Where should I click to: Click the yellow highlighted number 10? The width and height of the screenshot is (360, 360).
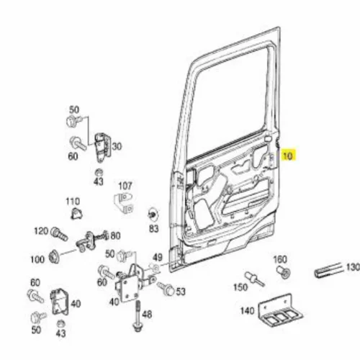[x=288, y=156]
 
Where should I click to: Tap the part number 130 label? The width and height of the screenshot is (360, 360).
[x=353, y=267]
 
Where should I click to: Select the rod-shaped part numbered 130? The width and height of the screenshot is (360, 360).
[x=328, y=271]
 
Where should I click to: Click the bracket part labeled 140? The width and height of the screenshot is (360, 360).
[x=280, y=310]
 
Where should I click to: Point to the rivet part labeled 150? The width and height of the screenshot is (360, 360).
[x=254, y=279]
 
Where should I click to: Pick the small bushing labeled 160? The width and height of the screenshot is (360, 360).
[x=284, y=272]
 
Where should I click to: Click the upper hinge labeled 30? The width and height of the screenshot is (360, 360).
[x=103, y=147]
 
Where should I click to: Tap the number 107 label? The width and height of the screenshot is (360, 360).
[x=125, y=186]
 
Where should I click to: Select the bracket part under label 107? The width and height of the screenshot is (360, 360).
[x=123, y=202]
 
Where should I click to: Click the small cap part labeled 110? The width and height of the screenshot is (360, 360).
[x=76, y=213]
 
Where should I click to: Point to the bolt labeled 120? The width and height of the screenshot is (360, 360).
[x=59, y=233]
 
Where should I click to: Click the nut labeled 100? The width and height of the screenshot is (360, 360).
[x=54, y=256]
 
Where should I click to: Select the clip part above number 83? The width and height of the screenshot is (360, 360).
[x=153, y=214]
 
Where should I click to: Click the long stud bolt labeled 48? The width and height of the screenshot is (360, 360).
[x=138, y=316]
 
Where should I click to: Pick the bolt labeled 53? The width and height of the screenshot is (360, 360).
[x=166, y=288]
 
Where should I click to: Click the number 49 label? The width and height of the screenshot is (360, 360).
[x=158, y=257]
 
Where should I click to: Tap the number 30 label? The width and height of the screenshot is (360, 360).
[x=117, y=146]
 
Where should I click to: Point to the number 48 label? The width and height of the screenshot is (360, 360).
[x=147, y=314]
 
